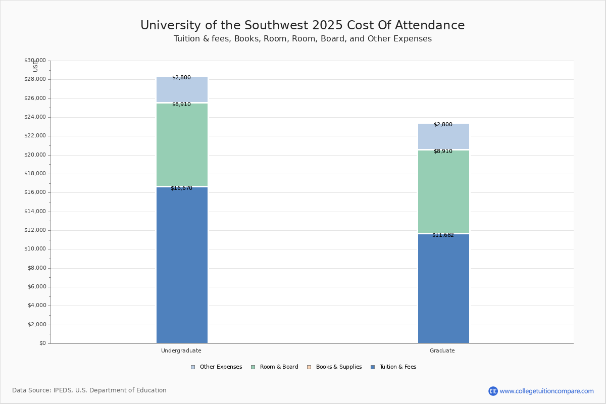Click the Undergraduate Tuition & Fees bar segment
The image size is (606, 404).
[x=182, y=265]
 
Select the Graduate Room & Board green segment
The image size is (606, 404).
[x=443, y=191]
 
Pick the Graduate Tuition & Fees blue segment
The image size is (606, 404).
[x=443, y=288]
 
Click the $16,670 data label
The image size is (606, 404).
[x=181, y=188]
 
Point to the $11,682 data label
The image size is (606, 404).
[x=443, y=235]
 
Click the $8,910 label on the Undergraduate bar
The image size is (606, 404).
[x=181, y=105]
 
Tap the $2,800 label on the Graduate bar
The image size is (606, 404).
[x=443, y=125]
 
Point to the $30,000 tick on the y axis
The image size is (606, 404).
[x=35, y=61]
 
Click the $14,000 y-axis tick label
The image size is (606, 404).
[x=35, y=212]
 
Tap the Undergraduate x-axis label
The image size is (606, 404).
[x=181, y=351]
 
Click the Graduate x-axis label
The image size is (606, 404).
[x=442, y=351]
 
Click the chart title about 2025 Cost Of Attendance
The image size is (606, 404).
[x=302, y=26]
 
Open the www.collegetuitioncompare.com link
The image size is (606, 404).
[x=546, y=391]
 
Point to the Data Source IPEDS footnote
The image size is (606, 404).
[x=89, y=390]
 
